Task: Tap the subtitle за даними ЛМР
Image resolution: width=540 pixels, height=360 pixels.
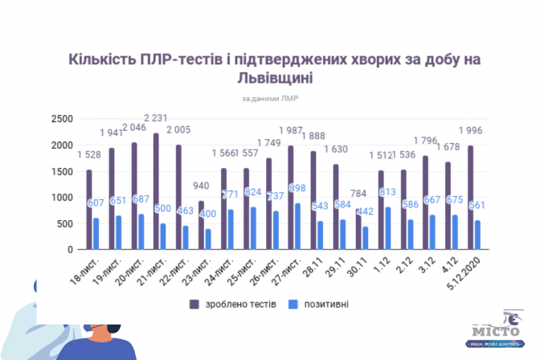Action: [270, 99]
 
